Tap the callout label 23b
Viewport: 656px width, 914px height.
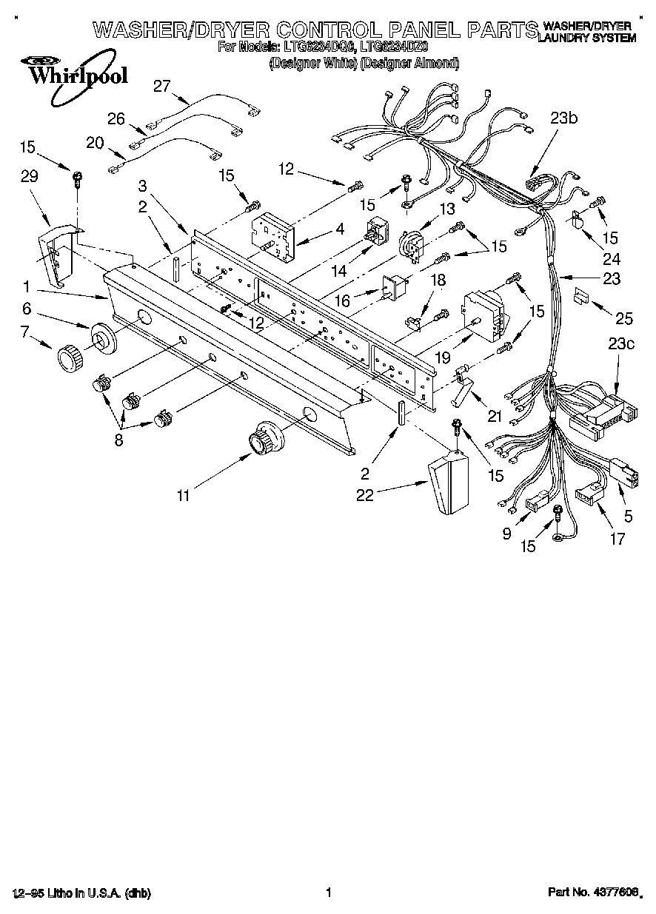(x=564, y=117)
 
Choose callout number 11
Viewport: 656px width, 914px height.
(x=182, y=497)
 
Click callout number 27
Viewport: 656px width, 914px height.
(x=161, y=86)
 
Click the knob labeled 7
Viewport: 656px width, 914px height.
(x=69, y=359)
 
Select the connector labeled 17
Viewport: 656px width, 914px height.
(x=589, y=494)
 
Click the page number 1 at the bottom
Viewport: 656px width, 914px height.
(x=327, y=893)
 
